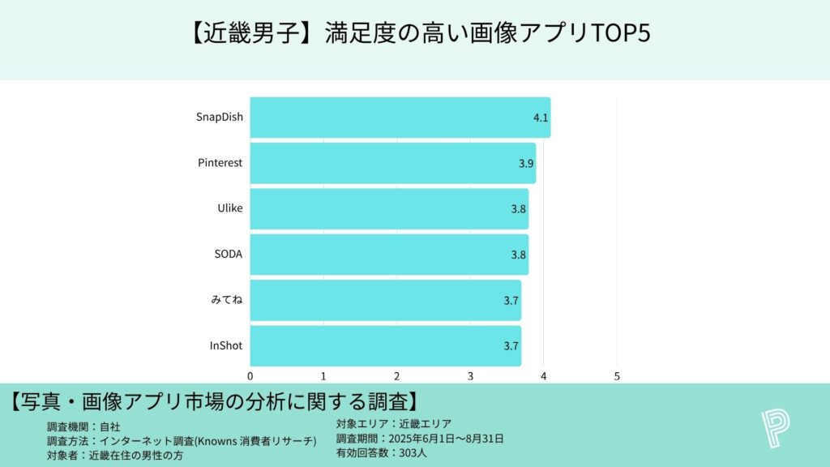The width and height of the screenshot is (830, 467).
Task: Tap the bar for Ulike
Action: pyautogui.click(x=389, y=209)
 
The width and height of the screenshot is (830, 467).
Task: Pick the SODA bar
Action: pyautogui.click(x=389, y=255)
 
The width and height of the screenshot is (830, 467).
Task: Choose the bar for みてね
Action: pyautogui.click(x=385, y=300)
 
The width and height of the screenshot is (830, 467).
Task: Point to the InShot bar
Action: pyautogui.click(x=385, y=346)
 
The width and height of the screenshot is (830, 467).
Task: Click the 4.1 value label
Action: pyautogui.click(x=541, y=118)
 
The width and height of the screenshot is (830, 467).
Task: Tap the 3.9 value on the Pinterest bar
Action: pyautogui.click(x=526, y=164)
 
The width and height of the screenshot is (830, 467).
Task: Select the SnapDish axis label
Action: pyautogui.click(x=219, y=118)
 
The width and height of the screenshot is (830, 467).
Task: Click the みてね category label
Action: pyautogui.click(x=226, y=300)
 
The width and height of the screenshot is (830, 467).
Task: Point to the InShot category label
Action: pyautogui.click(x=226, y=346)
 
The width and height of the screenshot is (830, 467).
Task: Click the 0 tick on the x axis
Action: pyautogui.click(x=250, y=376)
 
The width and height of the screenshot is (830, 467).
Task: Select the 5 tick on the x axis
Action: pyautogui.click(x=617, y=376)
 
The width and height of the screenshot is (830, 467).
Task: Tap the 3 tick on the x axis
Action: pyautogui.click(x=470, y=376)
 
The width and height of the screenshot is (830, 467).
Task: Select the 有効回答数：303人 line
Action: pyautogui.click(x=381, y=453)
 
